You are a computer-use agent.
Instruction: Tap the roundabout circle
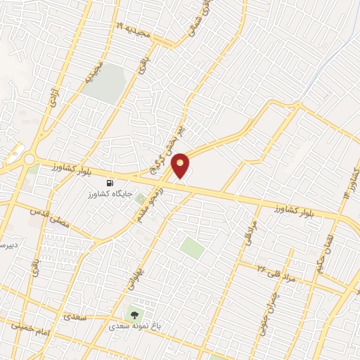(29, 160)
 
